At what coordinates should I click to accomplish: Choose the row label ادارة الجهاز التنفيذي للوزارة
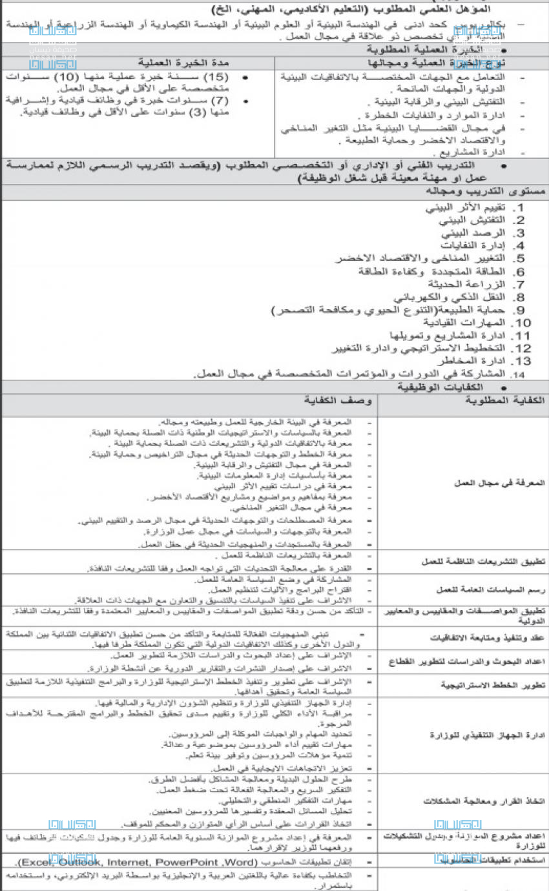(488, 735)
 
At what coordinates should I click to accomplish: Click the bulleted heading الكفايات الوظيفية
(430, 387)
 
